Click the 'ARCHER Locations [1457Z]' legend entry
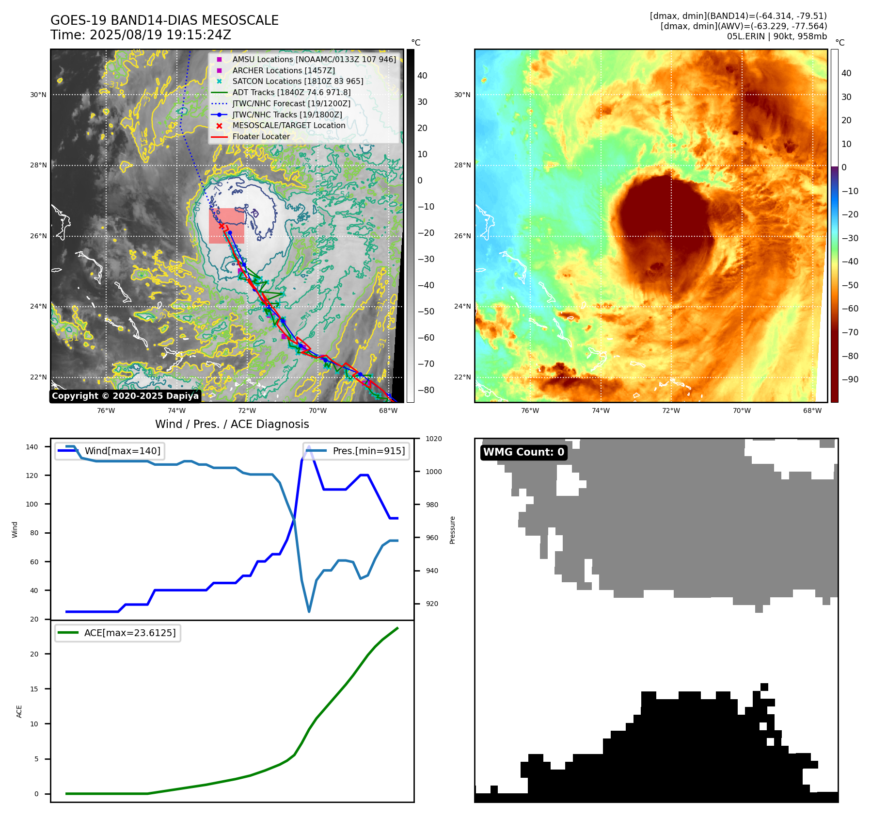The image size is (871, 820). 284,70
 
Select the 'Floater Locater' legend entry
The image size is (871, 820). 261,136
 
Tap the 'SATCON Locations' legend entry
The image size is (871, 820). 298,82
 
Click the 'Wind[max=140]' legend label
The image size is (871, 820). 122,451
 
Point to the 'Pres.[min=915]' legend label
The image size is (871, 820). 368,451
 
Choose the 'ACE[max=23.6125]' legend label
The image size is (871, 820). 130,633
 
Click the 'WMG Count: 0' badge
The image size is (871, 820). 523,452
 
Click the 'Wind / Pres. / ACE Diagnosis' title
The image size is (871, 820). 232,424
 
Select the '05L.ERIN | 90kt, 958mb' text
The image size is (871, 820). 776,36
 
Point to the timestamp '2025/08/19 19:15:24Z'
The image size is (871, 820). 160,35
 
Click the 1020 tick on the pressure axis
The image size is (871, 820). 433,439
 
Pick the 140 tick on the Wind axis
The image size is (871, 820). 32,447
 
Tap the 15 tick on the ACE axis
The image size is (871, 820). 34,689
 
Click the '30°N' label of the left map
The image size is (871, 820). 38,95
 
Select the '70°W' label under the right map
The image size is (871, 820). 742,411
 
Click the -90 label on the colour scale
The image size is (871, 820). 850,379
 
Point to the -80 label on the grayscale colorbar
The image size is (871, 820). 426,390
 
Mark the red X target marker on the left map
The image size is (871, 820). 222,226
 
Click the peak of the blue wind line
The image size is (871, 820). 309,446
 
